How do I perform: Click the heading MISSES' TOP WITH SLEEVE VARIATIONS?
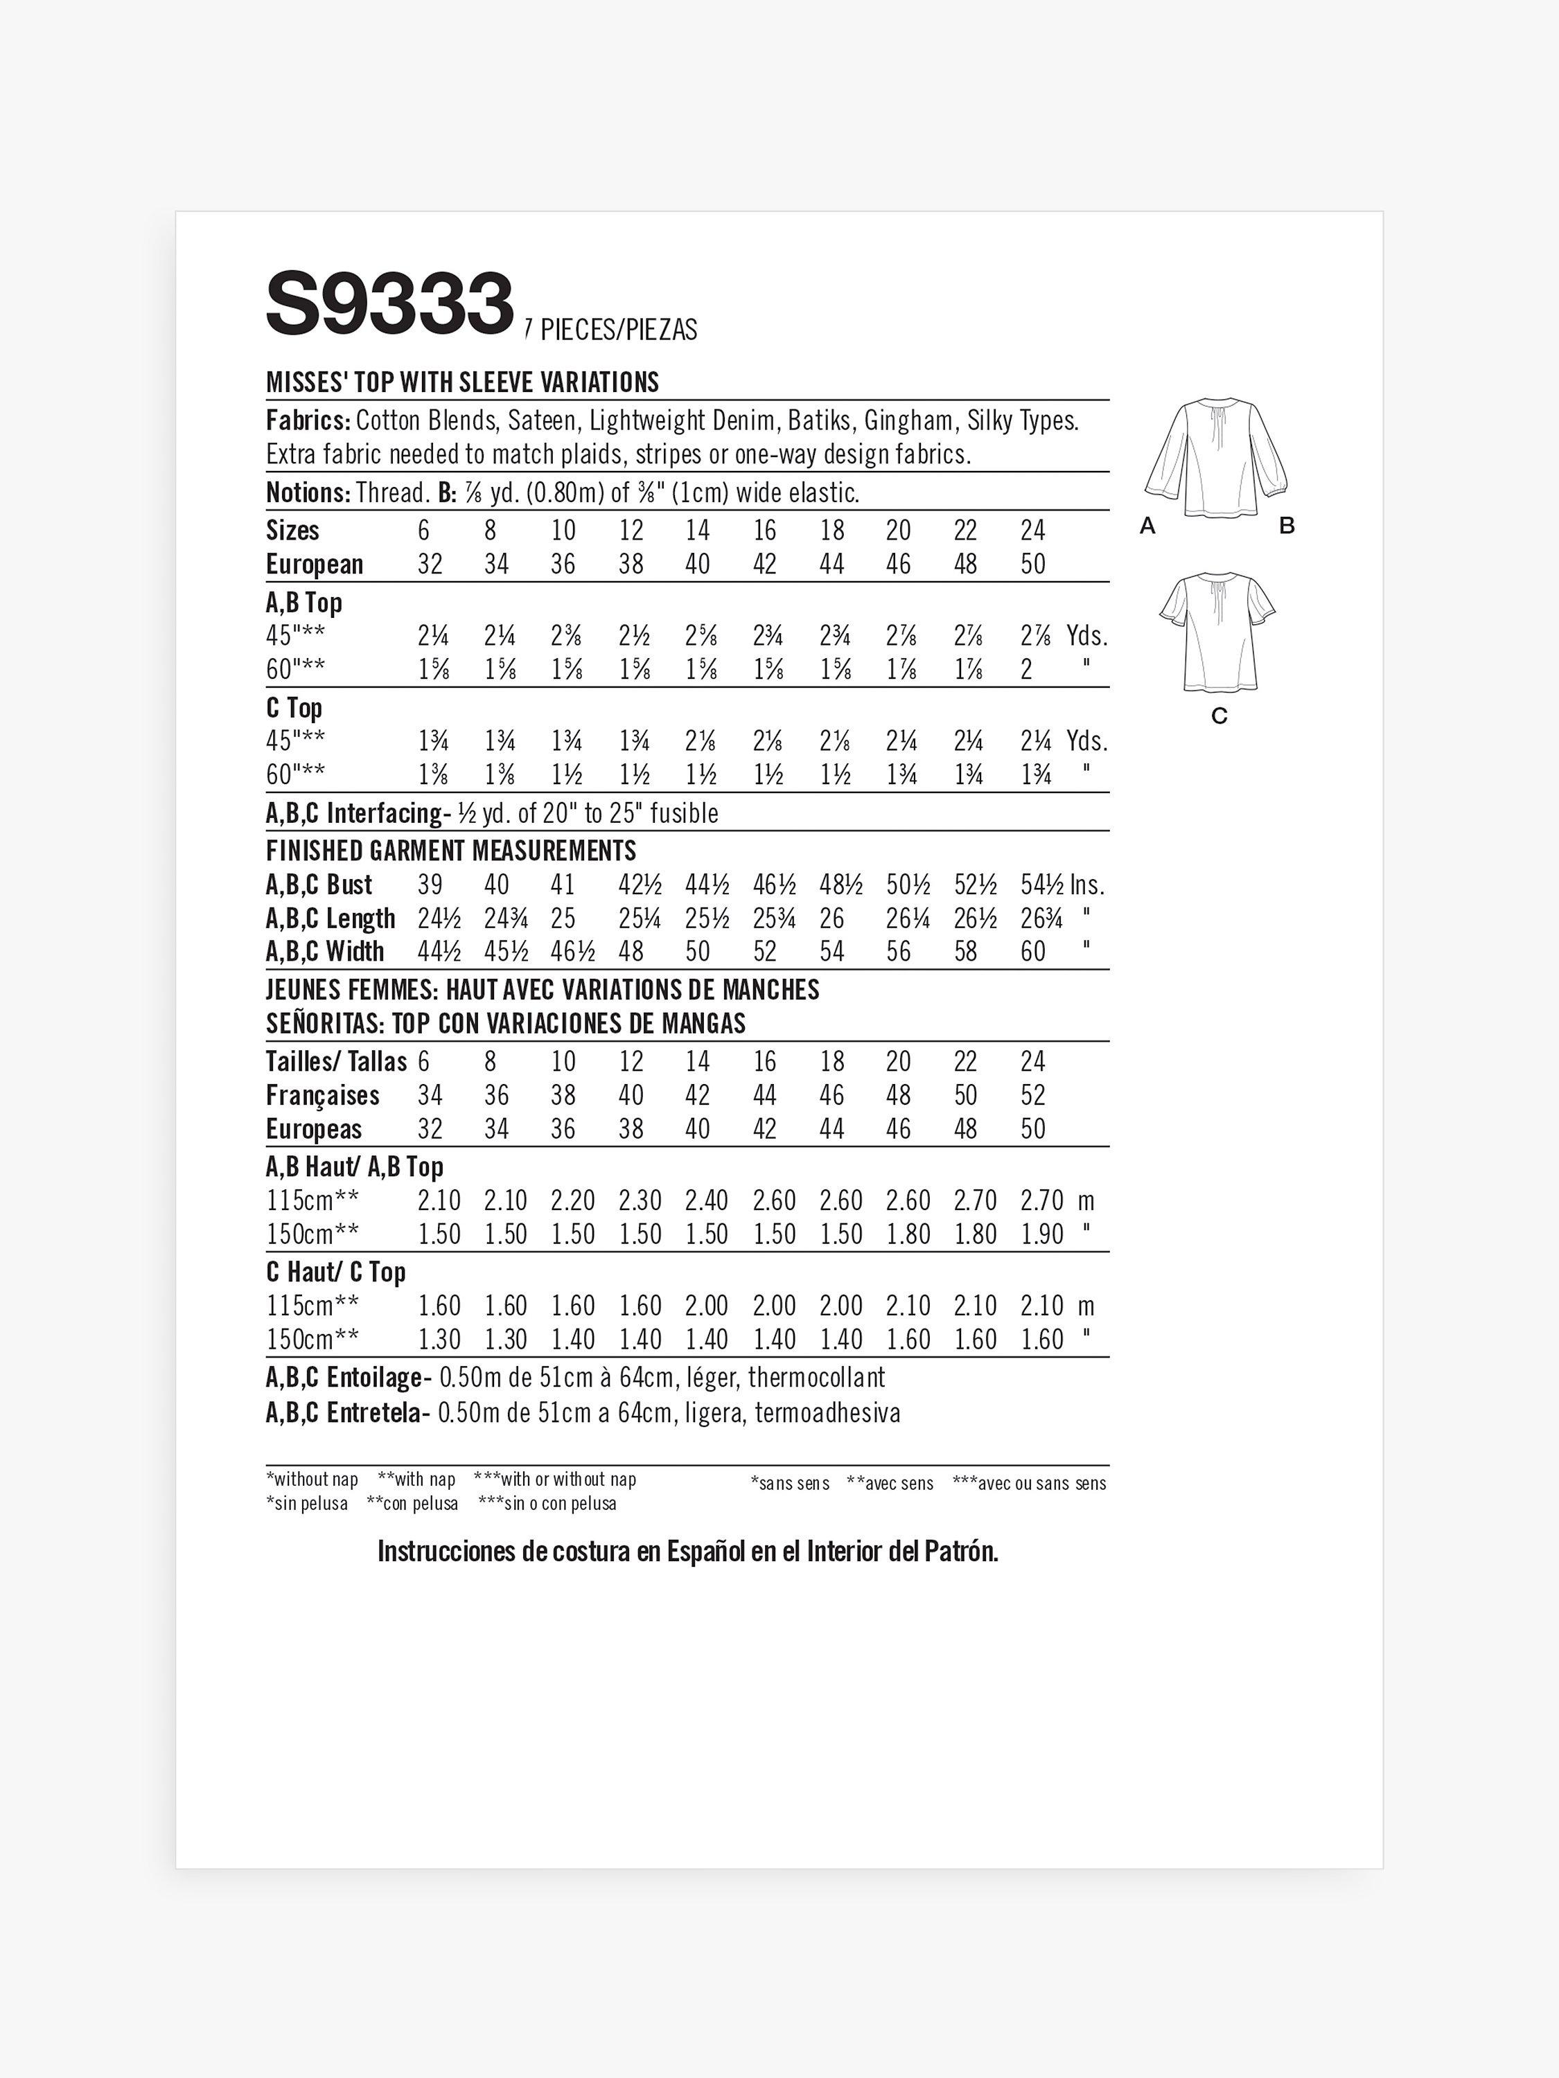point(462,382)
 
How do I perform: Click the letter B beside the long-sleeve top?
point(1287,526)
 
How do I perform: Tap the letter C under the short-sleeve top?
point(1219,717)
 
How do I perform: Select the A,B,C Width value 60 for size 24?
point(1033,952)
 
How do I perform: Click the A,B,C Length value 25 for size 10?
point(563,918)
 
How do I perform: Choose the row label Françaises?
point(322,1095)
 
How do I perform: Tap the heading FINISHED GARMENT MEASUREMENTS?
point(451,851)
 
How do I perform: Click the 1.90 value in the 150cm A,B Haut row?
point(1041,1234)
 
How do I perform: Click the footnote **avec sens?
point(890,1484)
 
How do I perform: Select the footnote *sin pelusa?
point(306,1504)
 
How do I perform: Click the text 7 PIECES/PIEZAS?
point(611,330)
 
